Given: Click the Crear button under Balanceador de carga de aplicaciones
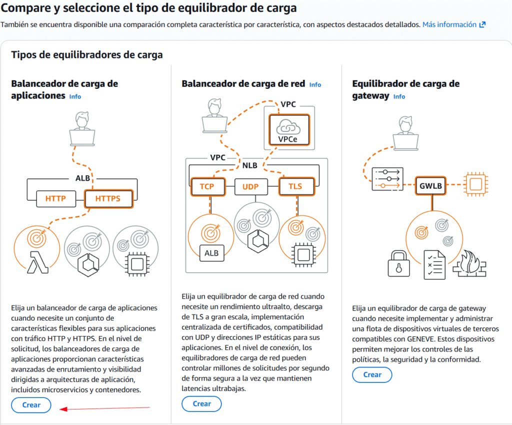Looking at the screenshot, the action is [31, 405].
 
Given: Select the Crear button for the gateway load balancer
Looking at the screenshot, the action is [372, 375].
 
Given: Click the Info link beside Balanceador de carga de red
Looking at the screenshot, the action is [315, 85].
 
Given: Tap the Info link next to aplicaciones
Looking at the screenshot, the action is [75, 96].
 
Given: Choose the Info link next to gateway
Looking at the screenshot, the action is [399, 96].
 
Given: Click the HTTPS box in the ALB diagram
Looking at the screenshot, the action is [108, 199].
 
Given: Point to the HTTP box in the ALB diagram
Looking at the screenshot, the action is [56, 199].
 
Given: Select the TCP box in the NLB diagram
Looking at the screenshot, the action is [207, 187].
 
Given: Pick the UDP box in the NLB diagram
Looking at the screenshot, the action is [251, 187].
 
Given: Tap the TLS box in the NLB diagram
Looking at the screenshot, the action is [296, 186].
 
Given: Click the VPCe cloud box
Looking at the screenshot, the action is [289, 129].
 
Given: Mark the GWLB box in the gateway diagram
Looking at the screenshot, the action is [430, 186].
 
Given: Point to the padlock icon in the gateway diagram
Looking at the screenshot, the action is [398, 264].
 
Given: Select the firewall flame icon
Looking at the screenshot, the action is [469, 264].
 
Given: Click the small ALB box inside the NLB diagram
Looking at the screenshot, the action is [211, 253].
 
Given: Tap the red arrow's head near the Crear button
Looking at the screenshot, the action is [61, 409].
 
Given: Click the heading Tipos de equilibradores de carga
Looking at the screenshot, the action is [87, 55].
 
